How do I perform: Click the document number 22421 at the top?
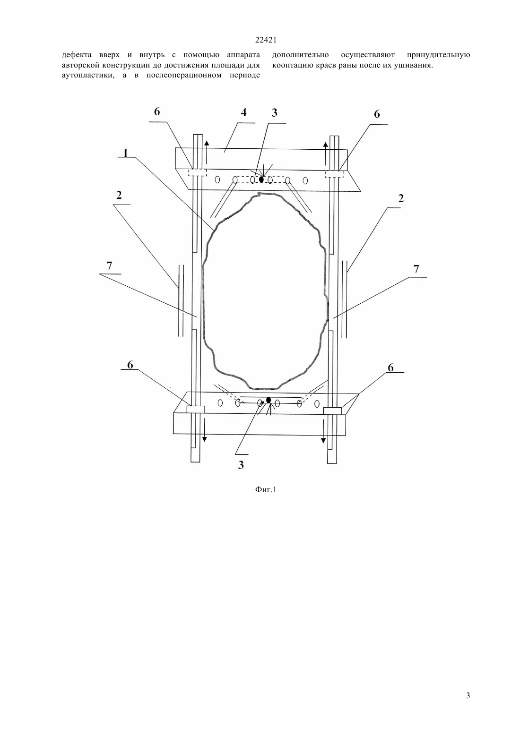[266, 40]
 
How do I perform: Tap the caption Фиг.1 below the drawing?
[266, 490]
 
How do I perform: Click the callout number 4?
[243, 112]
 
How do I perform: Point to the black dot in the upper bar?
[261, 179]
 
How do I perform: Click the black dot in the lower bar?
[269, 400]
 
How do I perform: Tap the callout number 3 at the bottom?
[241, 465]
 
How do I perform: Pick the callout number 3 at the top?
[275, 112]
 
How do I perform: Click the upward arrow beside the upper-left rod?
[207, 153]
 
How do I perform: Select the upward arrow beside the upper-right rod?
[325, 154]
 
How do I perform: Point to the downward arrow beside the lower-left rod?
[204, 429]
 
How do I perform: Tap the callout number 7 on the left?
[109, 265]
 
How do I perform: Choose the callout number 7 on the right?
[416, 269]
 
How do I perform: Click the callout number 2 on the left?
[119, 195]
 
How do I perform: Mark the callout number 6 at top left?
[157, 112]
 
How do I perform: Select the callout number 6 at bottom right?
[390, 368]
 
